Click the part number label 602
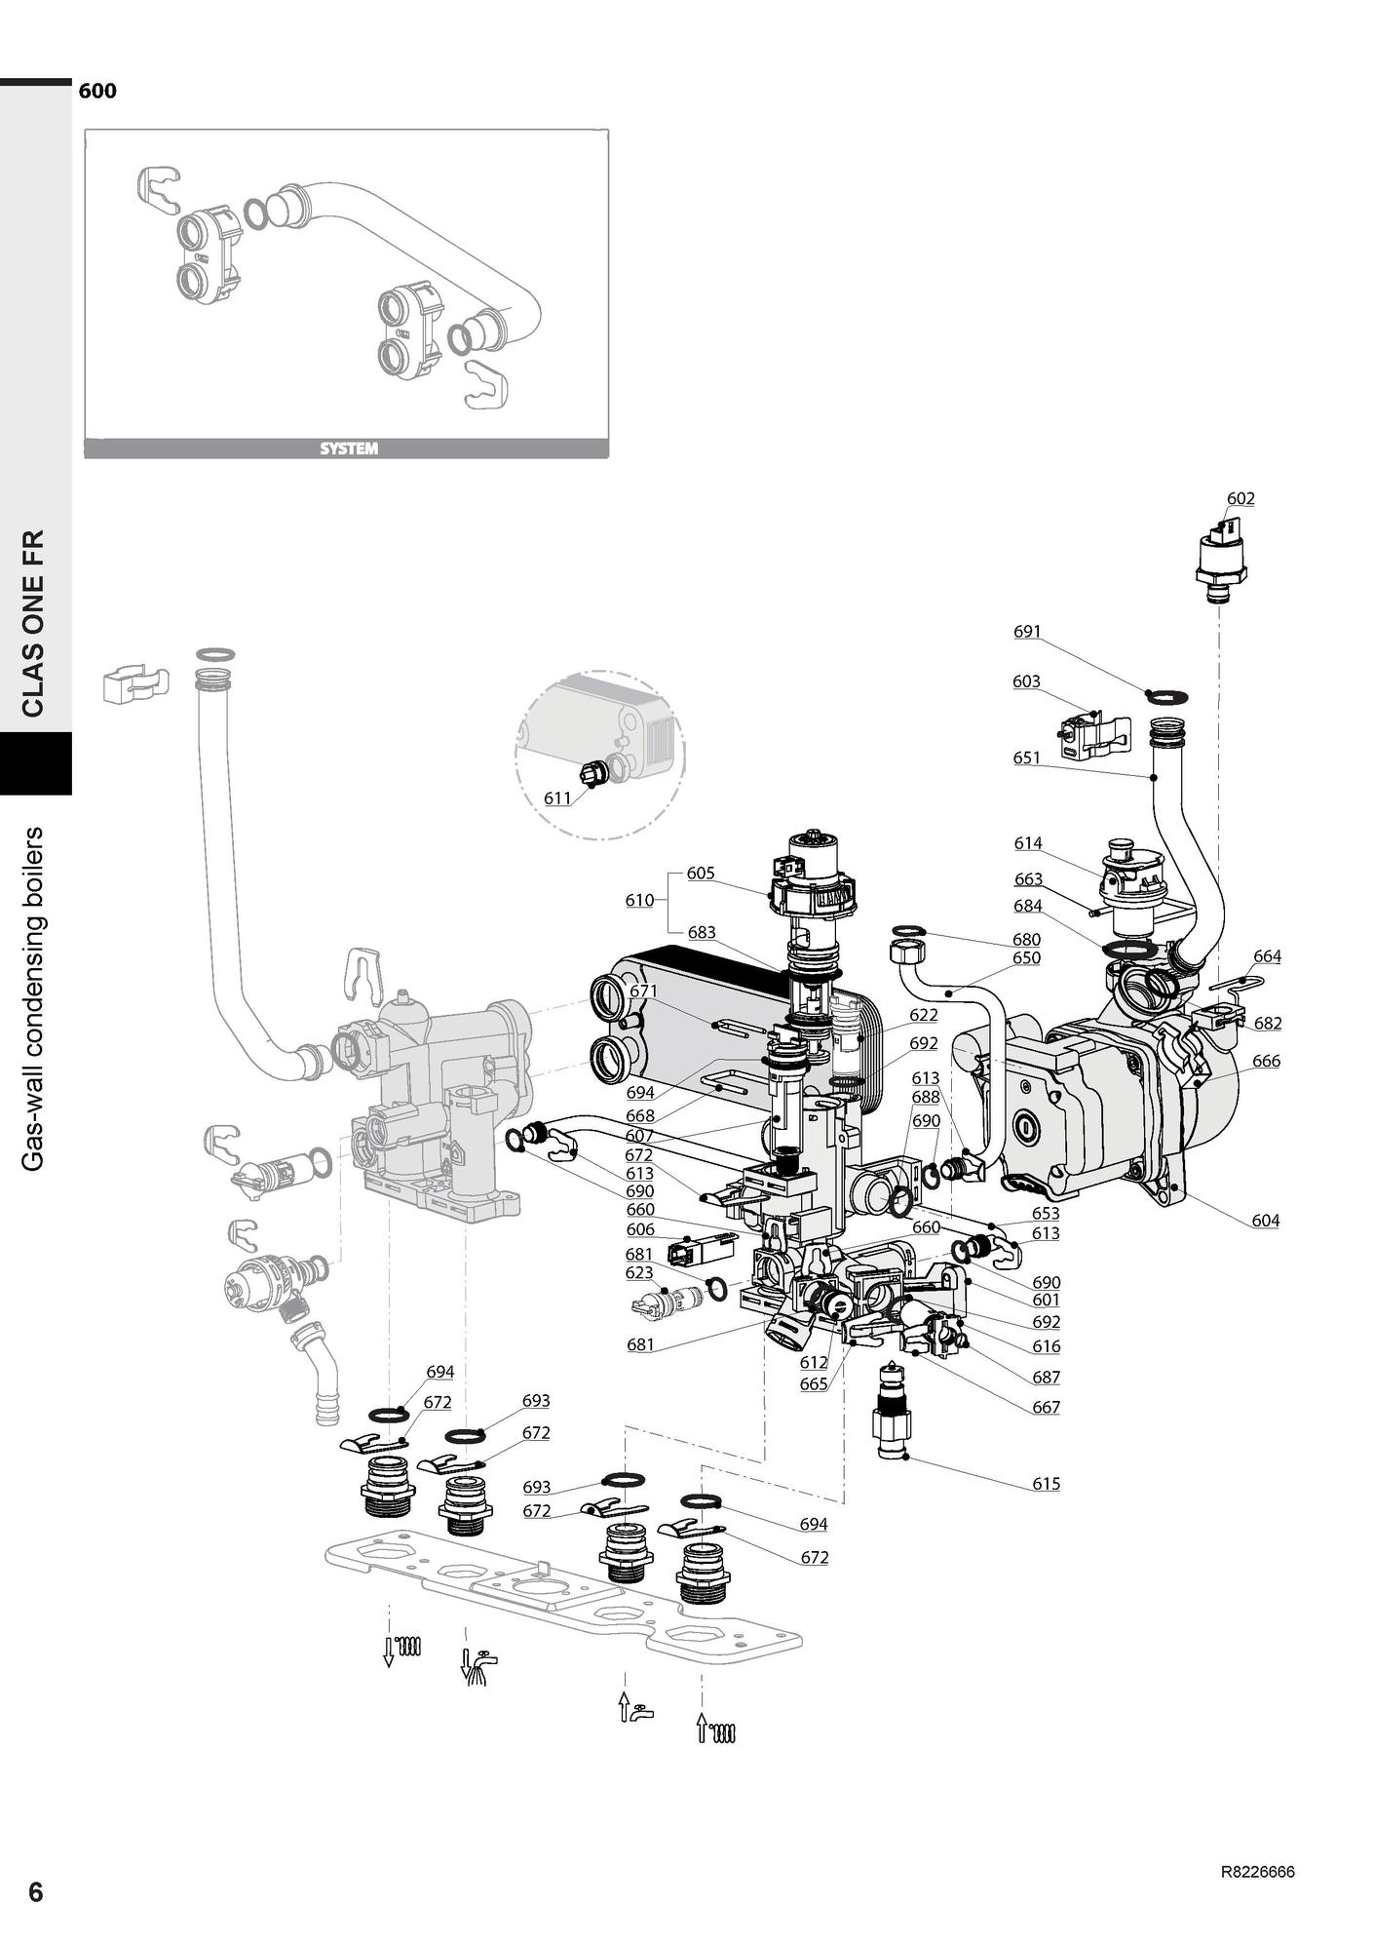pyautogui.click(x=1240, y=498)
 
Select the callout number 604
pyautogui.click(x=1265, y=1220)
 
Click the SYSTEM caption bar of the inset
pyautogui.click(x=347, y=449)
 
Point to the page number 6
pyautogui.click(x=35, y=1891)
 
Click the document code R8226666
pyautogui.click(x=1257, y=1872)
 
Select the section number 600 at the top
pyautogui.click(x=97, y=91)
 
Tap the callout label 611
pyautogui.click(x=557, y=798)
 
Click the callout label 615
pyautogui.click(x=1046, y=1484)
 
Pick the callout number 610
pyautogui.click(x=639, y=900)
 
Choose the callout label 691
pyautogui.click(x=1027, y=631)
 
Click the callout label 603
pyautogui.click(x=1026, y=681)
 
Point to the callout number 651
pyautogui.click(x=1026, y=758)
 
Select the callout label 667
pyautogui.click(x=1046, y=1407)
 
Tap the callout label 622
pyautogui.click(x=923, y=1015)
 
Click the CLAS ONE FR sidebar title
pyautogui.click(x=34, y=623)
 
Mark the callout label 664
pyautogui.click(x=1267, y=956)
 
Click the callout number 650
pyautogui.click(x=1026, y=957)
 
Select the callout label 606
pyautogui.click(x=640, y=1229)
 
